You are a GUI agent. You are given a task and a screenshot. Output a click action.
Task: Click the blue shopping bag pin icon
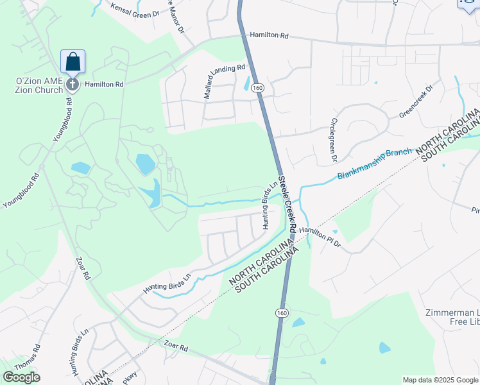tap(73, 62)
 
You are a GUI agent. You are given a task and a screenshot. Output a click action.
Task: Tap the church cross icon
tap(73, 84)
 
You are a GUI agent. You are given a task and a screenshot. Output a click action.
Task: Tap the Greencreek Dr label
tap(416, 103)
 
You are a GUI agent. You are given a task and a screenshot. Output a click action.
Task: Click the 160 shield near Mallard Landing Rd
tap(257, 87)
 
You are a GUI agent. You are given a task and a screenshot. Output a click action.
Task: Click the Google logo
tap(21, 377)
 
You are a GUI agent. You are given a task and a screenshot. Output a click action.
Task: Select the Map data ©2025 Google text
tap(440, 380)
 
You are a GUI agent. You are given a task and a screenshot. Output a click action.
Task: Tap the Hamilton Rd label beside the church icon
tap(103, 84)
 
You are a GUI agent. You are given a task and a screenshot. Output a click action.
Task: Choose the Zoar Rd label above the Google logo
tap(175, 347)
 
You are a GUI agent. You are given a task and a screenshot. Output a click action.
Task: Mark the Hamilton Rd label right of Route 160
tap(269, 36)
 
